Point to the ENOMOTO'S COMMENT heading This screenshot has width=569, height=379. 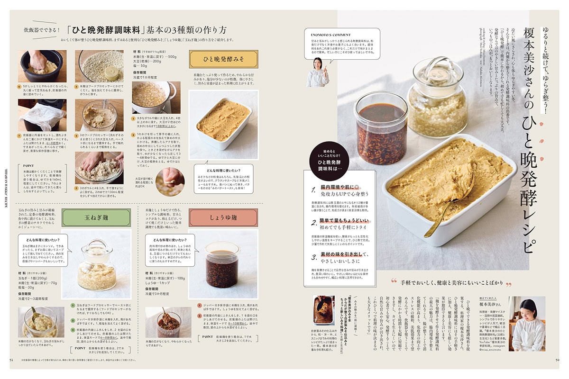(x=331, y=35)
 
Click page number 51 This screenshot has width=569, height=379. (x=12, y=359)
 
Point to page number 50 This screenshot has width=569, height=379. (x=558, y=359)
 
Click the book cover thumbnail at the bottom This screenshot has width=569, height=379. (x=323, y=310)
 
